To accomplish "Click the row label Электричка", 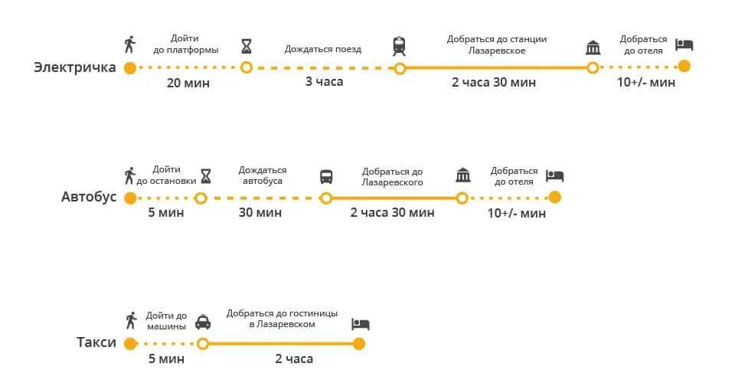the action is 74,67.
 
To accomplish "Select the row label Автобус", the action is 89,198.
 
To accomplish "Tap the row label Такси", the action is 96,342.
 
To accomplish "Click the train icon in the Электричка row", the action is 399,46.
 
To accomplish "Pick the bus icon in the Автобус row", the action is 326,176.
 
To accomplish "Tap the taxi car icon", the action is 203,322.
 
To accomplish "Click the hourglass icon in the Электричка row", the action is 246,46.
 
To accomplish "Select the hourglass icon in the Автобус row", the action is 205,175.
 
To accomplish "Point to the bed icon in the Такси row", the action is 360,323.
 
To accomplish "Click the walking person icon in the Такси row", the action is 131,320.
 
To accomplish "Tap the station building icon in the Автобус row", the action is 462,175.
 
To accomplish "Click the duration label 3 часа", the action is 324,82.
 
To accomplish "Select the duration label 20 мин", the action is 188,83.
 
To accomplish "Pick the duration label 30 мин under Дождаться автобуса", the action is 260,212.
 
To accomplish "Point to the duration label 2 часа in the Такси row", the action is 294,358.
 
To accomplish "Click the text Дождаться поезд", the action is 322,49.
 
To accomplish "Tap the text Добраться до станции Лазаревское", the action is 497,44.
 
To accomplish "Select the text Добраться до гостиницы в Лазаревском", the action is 281,319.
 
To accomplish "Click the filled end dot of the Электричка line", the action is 684,67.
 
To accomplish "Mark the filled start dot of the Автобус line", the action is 130,198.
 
